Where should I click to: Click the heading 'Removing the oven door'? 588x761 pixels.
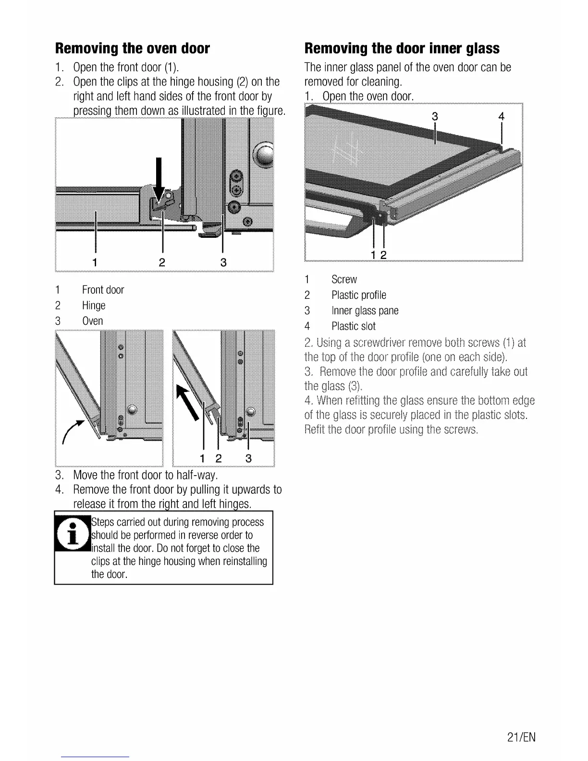pos(133,49)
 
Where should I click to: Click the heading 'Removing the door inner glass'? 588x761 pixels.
pos(402,49)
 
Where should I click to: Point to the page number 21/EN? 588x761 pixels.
pos(521,737)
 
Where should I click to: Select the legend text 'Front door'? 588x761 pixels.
pos(103,290)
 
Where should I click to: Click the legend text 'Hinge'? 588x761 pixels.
pos(94,306)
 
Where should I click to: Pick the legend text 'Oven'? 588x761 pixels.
pos(93,321)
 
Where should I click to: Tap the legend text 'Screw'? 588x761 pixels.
pos(344,280)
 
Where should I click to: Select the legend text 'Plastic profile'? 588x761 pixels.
pos(358,295)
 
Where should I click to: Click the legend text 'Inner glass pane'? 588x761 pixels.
pos(365,311)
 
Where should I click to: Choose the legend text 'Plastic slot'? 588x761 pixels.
pos(353,327)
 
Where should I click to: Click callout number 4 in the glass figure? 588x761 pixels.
pos(502,116)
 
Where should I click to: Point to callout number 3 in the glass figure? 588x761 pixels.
pos(435,116)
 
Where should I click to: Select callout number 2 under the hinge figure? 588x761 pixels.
pos(162,262)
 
